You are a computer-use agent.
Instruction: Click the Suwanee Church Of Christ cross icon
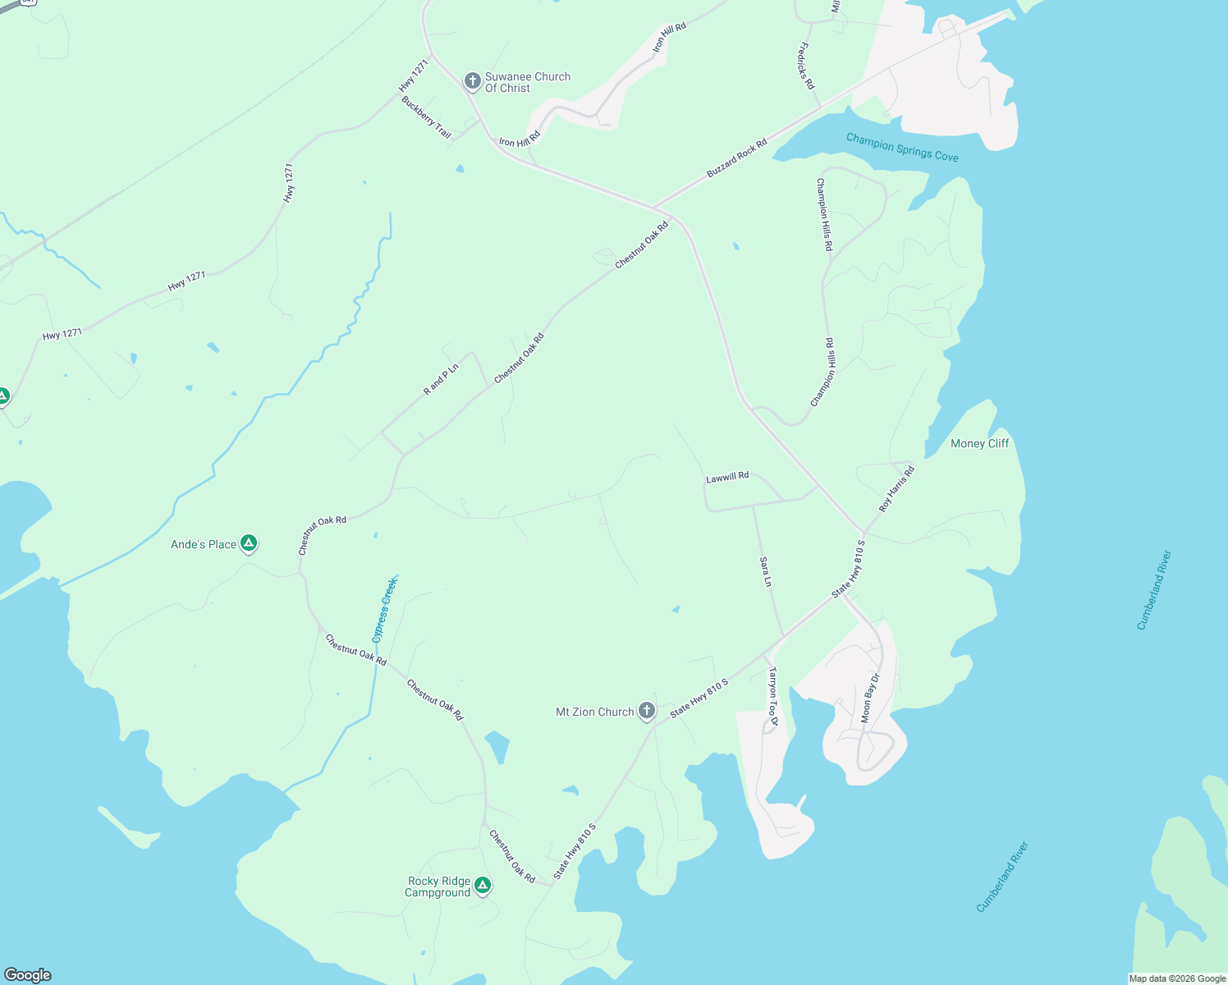(472, 80)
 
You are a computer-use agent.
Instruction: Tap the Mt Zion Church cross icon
(647, 711)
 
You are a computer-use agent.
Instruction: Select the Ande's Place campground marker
(249, 543)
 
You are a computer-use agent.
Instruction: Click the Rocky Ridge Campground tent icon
(483, 885)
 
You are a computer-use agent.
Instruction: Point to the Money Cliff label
(979, 443)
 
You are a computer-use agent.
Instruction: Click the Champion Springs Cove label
(902, 148)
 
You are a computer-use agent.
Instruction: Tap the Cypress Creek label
(384, 610)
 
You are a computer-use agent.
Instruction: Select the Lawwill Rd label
(727, 476)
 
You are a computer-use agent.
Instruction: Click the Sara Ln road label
(766, 572)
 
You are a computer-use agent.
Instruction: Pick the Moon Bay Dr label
(870, 698)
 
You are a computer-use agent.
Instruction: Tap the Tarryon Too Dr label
(772, 696)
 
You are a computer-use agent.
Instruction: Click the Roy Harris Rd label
(896, 489)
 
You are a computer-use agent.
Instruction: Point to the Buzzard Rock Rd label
(737, 158)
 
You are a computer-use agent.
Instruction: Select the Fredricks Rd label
(807, 66)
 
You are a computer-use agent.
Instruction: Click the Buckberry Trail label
(427, 117)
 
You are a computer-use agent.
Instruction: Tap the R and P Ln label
(441, 379)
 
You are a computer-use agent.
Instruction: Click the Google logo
(28, 975)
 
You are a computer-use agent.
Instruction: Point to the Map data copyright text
(1177, 978)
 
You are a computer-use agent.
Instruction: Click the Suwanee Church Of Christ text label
(527, 82)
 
